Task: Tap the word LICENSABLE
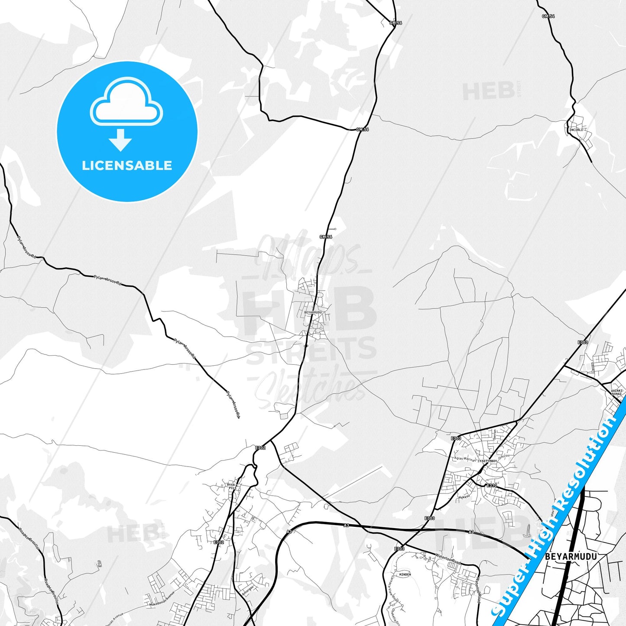tap(127, 165)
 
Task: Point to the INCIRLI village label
tap(576, 130)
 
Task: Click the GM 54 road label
tap(548, 16)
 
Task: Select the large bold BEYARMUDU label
tap(571, 556)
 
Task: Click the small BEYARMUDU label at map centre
tap(313, 312)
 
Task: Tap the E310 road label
tap(491, 485)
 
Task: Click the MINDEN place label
tap(405, 574)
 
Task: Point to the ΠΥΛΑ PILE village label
tap(233, 486)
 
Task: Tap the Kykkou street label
tap(464, 496)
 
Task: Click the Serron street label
tap(495, 434)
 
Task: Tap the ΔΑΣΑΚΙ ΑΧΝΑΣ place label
tap(617, 392)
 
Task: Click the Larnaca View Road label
tap(394, 589)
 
